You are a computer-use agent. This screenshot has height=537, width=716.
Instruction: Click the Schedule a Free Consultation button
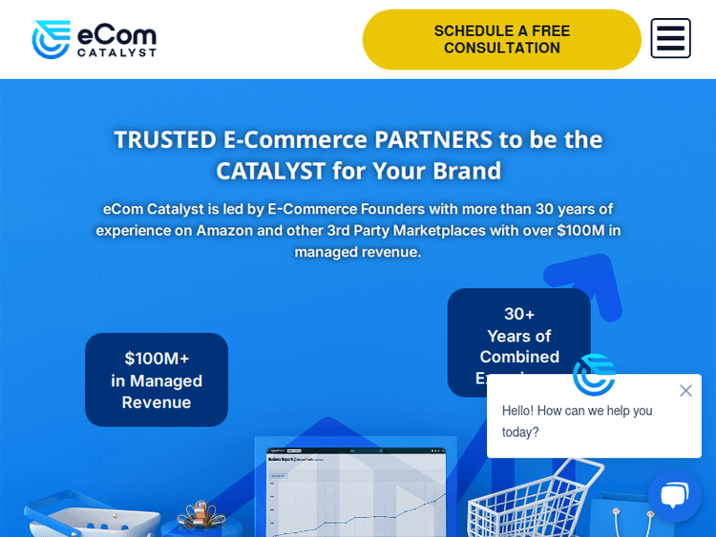tap(501, 39)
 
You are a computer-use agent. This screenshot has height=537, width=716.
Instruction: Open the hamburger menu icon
tap(670, 38)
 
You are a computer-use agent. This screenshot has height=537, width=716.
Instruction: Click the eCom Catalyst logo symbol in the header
tap(52, 39)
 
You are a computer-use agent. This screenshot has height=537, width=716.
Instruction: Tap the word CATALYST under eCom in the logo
tap(116, 53)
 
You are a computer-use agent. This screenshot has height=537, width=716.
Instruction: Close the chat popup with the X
tap(685, 390)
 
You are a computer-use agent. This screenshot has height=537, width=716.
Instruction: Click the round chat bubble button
tap(674, 495)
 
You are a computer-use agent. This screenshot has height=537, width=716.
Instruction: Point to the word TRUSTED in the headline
tap(165, 139)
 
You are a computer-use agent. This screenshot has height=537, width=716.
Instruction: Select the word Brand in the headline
tap(467, 171)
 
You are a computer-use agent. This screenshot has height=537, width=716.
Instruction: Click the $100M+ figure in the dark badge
tap(157, 359)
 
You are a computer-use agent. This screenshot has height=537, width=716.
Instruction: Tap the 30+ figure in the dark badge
tap(519, 314)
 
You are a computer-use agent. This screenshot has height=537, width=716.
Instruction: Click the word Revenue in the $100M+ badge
tap(157, 403)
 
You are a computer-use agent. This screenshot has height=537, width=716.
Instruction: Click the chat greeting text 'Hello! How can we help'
tap(577, 410)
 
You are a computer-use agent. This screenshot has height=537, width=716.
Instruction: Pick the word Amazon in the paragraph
tap(224, 230)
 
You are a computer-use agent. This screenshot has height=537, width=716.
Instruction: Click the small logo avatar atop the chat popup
tap(594, 375)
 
